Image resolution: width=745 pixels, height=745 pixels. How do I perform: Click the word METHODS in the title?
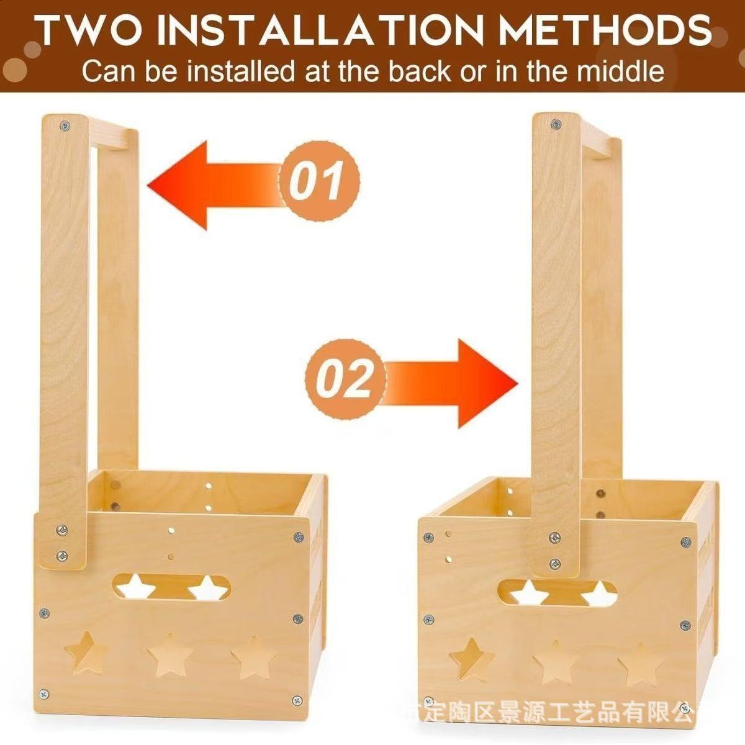tap(606, 29)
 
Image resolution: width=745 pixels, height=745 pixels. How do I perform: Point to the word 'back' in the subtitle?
tap(425, 71)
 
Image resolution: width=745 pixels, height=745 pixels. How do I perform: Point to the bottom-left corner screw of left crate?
tap(44, 692)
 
